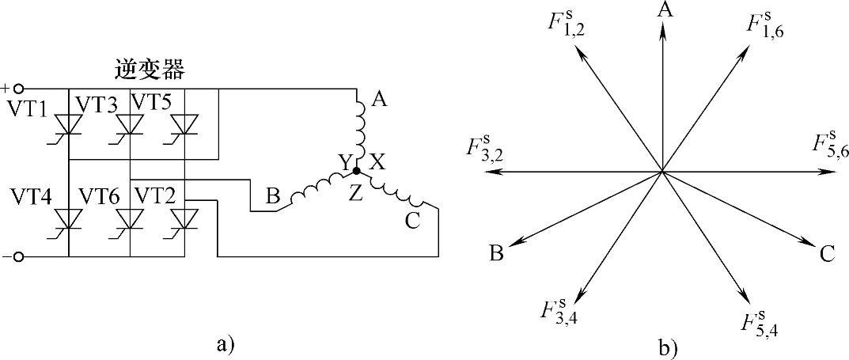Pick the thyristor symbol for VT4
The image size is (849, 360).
click(x=68, y=217)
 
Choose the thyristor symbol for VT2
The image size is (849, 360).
click(x=184, y=217)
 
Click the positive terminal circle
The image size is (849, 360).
click(x=19, y=89)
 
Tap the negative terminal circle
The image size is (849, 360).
click(x=19, y=256)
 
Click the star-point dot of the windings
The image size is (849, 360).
click(x=356, y=170)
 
